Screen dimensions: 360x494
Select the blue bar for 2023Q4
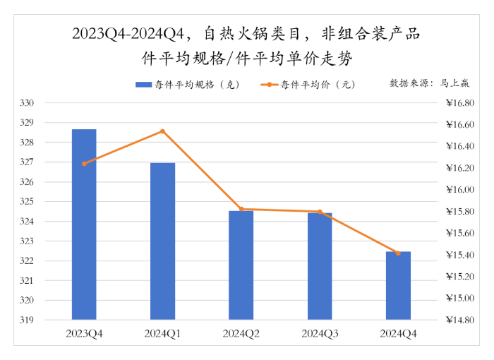(84, 224)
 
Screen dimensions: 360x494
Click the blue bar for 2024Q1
(162, 241)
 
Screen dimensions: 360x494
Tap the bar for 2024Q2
(241, 265)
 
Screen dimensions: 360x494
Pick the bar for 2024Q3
(320, 265)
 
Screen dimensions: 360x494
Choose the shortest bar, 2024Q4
(399, 285)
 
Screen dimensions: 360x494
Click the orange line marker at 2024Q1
(162, 131)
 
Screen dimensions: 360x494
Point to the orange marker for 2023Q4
(84, 164)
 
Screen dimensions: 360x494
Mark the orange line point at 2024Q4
(399, 253)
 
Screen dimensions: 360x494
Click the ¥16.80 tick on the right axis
(461, 103)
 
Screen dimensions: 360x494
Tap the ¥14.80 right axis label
(461, 320)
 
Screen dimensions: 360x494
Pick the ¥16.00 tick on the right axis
(461, 190)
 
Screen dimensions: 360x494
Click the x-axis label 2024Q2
(241, 332)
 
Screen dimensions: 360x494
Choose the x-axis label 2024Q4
(399, 332)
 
